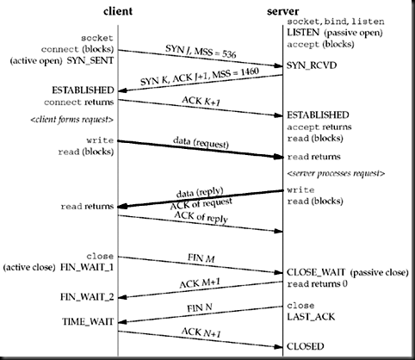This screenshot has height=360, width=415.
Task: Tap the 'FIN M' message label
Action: point(201,257)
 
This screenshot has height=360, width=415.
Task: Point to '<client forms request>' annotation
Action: point(67,118)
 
